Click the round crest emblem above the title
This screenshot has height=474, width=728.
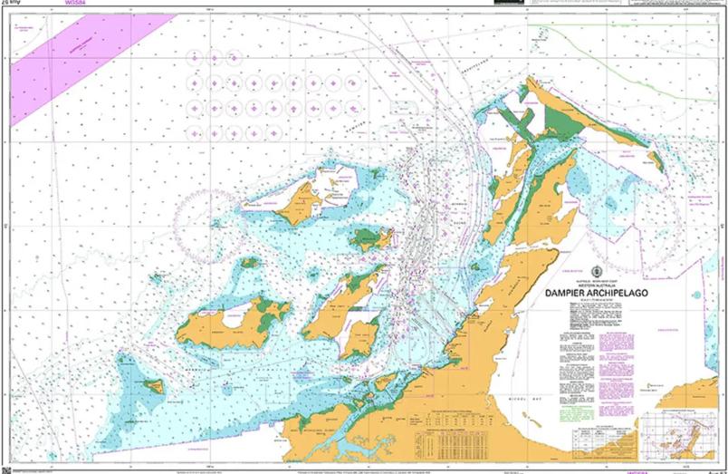click(x=596, y=271)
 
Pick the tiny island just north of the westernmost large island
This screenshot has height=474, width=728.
click(x=250, y=263)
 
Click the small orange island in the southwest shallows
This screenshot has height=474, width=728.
click(x=155, y=387)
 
